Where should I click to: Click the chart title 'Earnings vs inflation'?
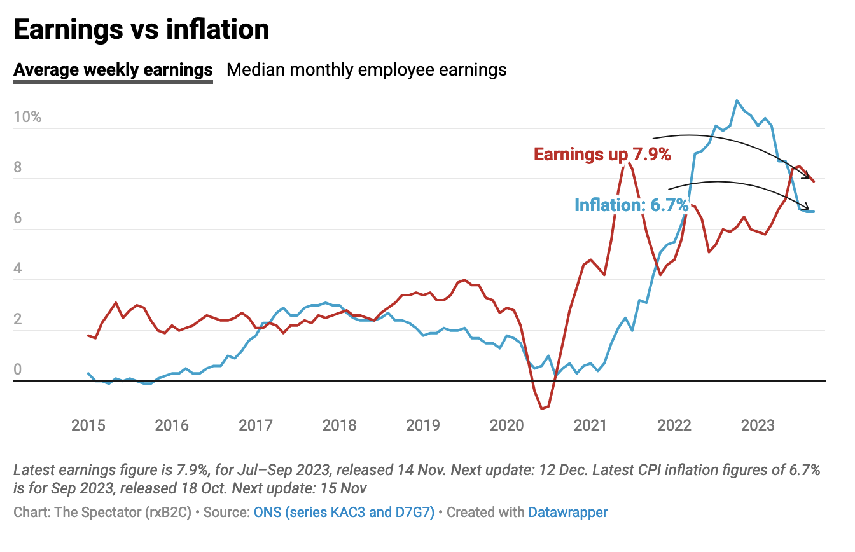(x=141, y=29)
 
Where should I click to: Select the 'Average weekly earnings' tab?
(x=113, y=69)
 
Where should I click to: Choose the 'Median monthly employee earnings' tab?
(x=366, y=69)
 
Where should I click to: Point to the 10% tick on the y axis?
(x=27, y=117)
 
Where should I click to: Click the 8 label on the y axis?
(x=18, y=167)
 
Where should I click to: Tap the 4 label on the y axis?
(x=18, y=268)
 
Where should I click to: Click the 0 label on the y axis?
(x=18, y=369)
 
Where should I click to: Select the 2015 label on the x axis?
(x=88, y=424)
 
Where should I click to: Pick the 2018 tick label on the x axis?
(x=340, y=424)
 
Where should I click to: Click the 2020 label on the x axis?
(x=507, y=424)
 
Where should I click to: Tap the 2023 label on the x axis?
(x=758, y=424)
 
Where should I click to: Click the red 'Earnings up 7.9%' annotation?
(x=602, y=154)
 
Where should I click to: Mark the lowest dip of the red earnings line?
(x=541, y=408)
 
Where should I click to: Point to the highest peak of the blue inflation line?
(x=737, y=100)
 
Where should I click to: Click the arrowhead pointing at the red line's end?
(x=807, y=176)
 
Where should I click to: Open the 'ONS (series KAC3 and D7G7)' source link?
(x=344, y=512)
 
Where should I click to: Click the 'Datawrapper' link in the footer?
(x=567, y=512)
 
